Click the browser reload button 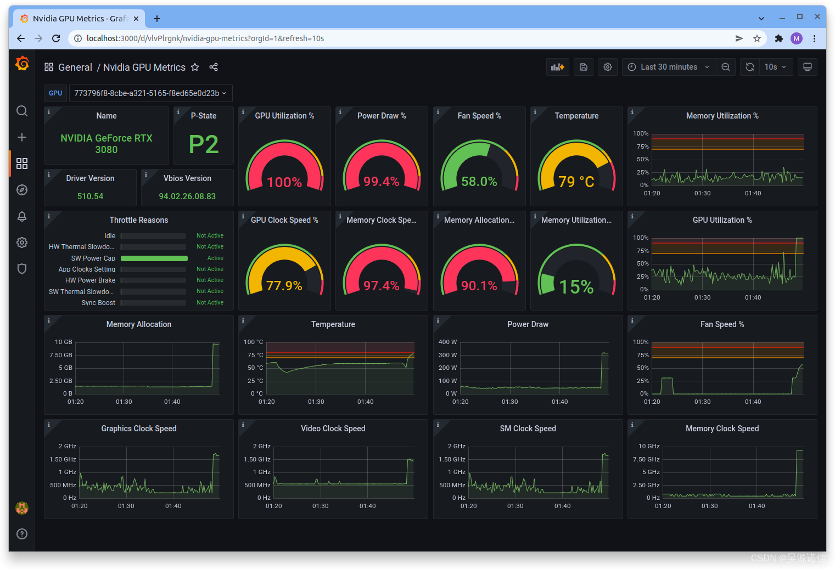point(56,38)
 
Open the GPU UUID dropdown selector point(150,93)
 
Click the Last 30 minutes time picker point(669,67)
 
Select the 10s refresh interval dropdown point(775,67)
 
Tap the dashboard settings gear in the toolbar point(608,67)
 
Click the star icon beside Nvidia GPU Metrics point(195,67)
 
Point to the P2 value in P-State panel point(204,144)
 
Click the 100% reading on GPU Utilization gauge point(284,182)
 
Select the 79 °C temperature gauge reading point(576,182)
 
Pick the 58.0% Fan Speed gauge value point(479,182)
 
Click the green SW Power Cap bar point(154,258)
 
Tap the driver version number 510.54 point(90,196)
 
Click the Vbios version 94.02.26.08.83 point(187,196)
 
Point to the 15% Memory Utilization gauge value point(576,286)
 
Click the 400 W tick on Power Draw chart point(447,342)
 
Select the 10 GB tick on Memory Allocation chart point(63,342)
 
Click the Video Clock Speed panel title point(333,429)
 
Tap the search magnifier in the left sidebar point(22,111)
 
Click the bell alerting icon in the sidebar point(22,216)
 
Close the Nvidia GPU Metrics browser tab point(136,19)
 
